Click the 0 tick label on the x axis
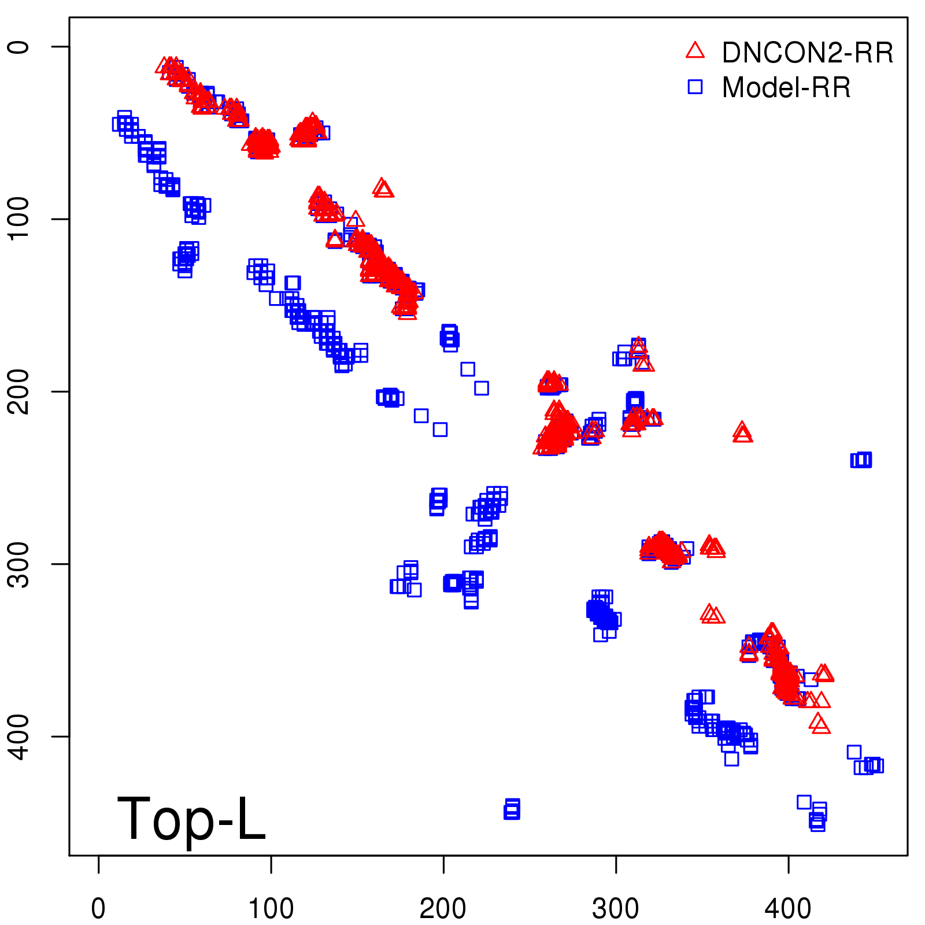(98, 909)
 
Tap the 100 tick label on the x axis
(271, 909)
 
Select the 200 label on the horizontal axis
(443, 909)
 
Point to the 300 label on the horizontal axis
(616, 909)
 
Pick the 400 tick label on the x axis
(788, 909)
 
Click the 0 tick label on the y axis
(18, 46)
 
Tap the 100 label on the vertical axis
(18, 219)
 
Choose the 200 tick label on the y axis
(18, 391)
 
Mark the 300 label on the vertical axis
(18, 564)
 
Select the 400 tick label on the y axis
(18, 736)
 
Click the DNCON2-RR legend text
(808, 53)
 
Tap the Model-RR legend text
(786, 88)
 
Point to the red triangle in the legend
(695, 51)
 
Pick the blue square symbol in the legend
(695, 87)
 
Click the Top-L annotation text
(191, 819)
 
